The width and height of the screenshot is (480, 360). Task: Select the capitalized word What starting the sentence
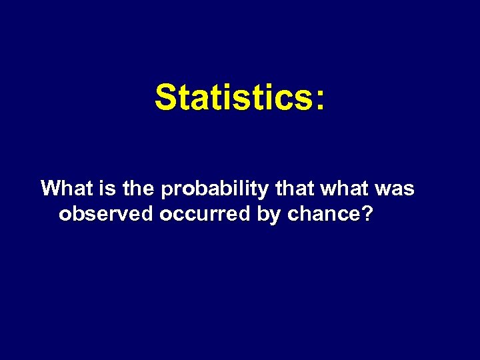(64, 189)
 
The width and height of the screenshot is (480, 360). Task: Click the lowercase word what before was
(344, 189)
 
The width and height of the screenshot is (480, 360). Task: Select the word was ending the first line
(395, 190)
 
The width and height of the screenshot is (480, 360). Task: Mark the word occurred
(205, 214)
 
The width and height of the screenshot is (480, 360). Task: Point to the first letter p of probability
(167, 191)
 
